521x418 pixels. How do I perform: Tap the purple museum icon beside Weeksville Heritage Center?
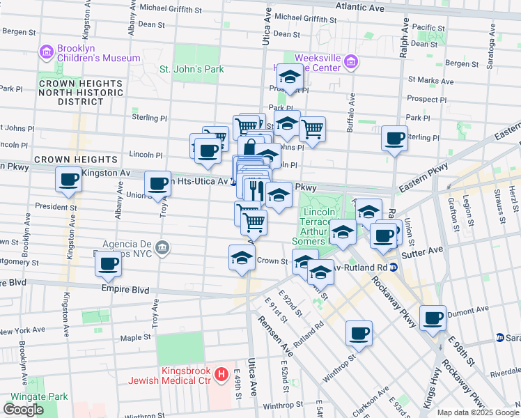coord(351,63)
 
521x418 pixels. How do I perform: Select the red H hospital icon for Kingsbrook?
coord(221,376)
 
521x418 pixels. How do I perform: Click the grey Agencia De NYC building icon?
coord(162,247)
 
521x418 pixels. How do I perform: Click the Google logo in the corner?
coord(24,410)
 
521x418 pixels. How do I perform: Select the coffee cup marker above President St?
coord(70,180)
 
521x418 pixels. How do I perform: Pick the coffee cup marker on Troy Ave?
coord(158,184)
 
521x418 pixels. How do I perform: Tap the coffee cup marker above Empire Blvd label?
coord(109,264)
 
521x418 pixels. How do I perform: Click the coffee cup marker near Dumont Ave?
coord(433,317)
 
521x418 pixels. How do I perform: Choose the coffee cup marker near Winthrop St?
coord(359,333)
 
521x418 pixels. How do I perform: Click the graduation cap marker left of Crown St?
coord(242,257)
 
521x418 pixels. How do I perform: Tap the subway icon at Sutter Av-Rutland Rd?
coord(394,267)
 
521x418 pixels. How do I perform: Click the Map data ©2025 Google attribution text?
coord(477,412)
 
